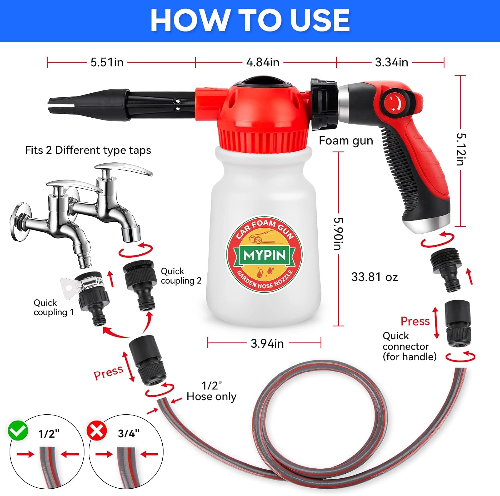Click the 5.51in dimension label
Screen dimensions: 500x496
click(x=107, y=62)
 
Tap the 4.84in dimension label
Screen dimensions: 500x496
click(x=263, y=62)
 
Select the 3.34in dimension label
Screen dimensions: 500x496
click(x=391, y=62)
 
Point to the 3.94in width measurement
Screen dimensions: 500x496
click(x=267, y=343)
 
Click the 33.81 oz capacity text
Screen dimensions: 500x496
click(x=375, y=277)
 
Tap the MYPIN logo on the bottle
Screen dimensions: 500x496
click(x=265, y=255)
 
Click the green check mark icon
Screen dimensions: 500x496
click(x=18, y=431)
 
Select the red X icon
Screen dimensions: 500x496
click(x=97, y=431)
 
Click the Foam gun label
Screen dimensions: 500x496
click(x=346, y=141)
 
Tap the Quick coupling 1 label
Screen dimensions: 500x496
click(x=53, y=307)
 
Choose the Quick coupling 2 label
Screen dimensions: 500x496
click(x=181, y=276)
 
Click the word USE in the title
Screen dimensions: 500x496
click(x=320, y=20)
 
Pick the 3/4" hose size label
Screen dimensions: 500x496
click(x=129, y=433)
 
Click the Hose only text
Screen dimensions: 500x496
click(x=211, y=397)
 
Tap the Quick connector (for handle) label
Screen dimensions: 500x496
click(x=410, y=346)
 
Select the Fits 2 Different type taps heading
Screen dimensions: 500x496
click(x=88, y=150)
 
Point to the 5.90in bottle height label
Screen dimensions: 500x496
click(x=339, y=234)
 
